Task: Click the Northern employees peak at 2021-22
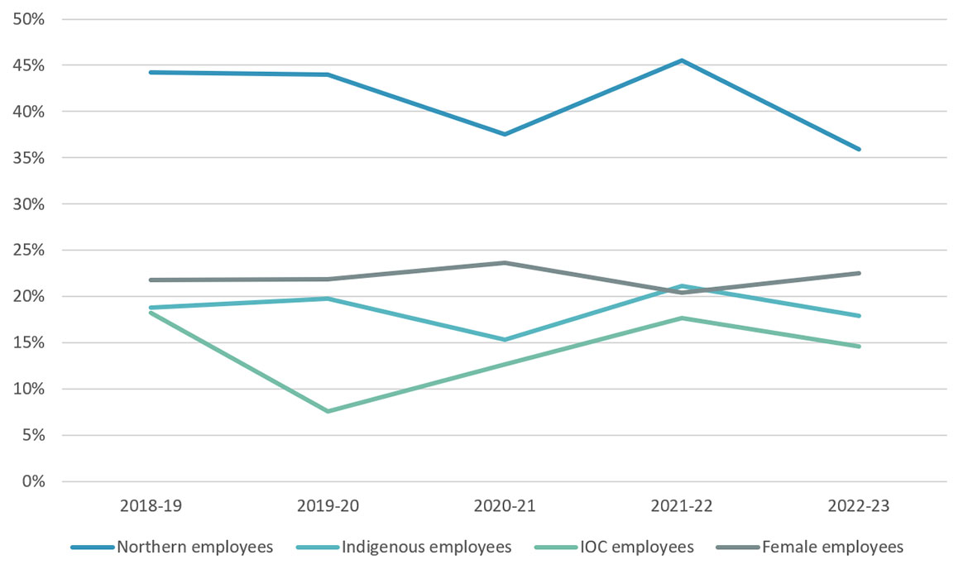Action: pos(683,60)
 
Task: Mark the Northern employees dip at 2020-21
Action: pos(506,134)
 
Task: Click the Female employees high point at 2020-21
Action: pos(506,263)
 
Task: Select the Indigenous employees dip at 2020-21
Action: pos(506,339)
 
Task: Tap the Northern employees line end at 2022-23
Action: pos(859,149)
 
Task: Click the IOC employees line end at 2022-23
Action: pos(859,347)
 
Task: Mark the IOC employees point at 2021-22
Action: pos(683,318)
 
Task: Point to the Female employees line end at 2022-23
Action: pos(859,273)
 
